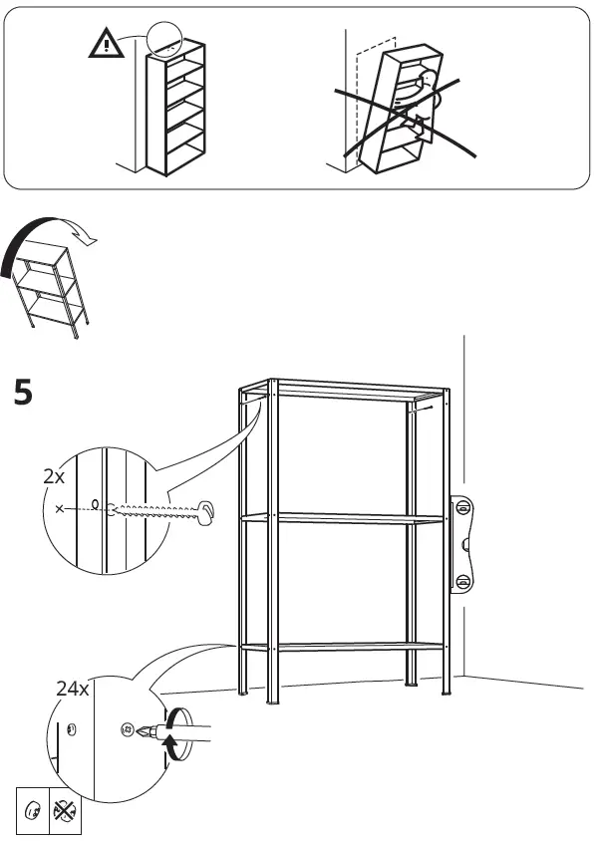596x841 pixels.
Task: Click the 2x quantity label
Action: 54,477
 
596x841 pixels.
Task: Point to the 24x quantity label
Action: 72,689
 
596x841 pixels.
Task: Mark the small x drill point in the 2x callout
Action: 61,509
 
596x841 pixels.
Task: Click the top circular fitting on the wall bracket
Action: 462,508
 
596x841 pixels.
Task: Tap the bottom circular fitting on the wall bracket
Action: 462,581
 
